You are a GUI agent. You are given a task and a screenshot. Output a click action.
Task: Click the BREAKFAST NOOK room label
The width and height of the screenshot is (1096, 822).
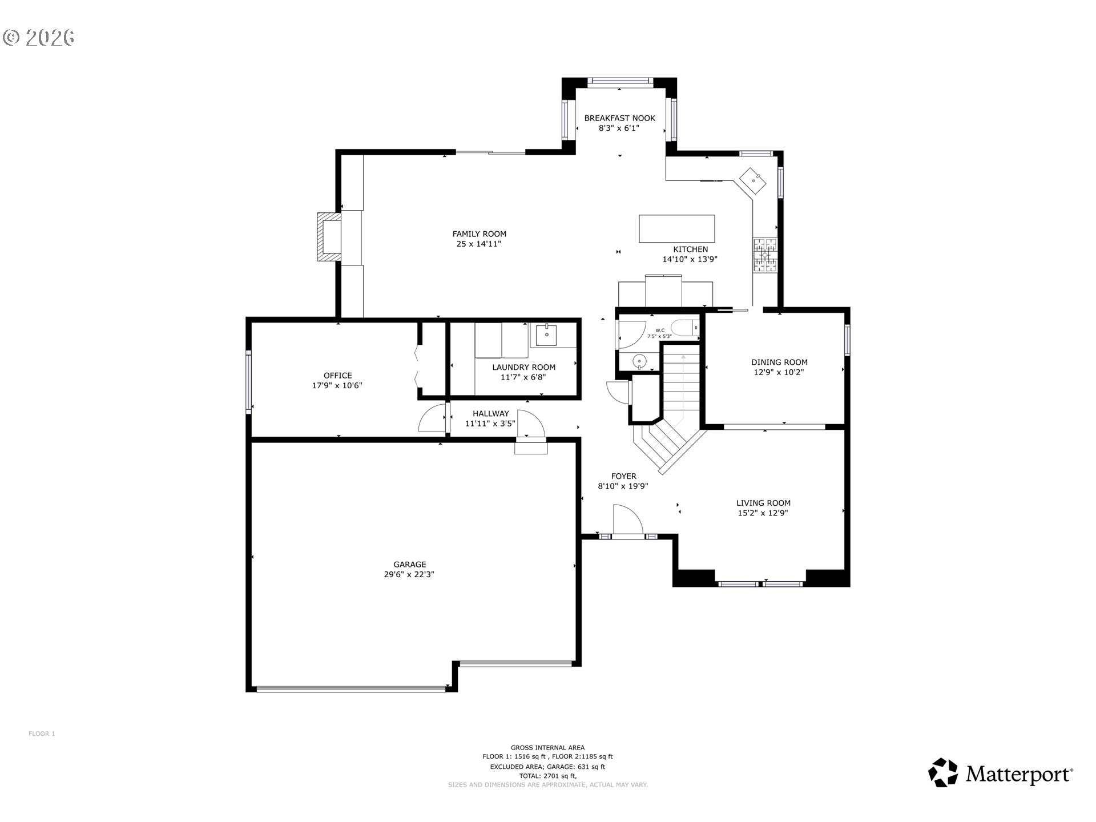(619, 118)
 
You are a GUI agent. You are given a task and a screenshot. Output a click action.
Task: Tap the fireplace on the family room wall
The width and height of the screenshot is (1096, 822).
(329, 237)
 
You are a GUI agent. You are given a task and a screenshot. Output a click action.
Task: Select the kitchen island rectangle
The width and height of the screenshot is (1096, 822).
(676, 229)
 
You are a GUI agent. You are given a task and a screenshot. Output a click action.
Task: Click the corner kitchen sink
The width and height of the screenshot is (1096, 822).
(753, 181)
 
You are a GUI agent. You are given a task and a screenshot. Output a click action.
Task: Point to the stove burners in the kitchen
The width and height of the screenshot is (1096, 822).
(765, 255)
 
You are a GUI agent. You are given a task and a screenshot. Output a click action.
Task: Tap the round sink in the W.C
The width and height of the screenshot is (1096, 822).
(640, 361)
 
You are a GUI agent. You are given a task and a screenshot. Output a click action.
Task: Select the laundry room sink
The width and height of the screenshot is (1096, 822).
(547, 335)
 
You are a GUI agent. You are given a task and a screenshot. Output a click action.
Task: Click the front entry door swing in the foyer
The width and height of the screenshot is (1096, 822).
(628, 520)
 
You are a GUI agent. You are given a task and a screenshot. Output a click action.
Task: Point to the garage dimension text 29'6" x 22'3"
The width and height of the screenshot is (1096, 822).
(409, 575)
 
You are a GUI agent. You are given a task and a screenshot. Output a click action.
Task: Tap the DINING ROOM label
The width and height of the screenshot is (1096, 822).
(779, 362)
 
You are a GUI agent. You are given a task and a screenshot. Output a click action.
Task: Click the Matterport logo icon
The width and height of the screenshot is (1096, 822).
(943, 773)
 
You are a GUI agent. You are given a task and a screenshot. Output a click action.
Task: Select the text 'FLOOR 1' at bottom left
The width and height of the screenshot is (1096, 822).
(42, 734)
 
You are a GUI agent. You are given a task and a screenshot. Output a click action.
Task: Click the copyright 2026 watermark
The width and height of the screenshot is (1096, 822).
(38, 38)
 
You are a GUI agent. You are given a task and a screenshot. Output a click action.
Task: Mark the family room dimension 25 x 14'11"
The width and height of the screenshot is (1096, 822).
(479, 244)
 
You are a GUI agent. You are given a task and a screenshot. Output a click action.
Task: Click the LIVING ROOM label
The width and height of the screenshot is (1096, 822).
(763, 503)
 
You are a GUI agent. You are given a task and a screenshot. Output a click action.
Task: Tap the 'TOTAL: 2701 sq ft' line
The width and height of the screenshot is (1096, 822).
(547, 776)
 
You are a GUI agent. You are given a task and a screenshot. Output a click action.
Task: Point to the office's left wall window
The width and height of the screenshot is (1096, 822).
(249, 381)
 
